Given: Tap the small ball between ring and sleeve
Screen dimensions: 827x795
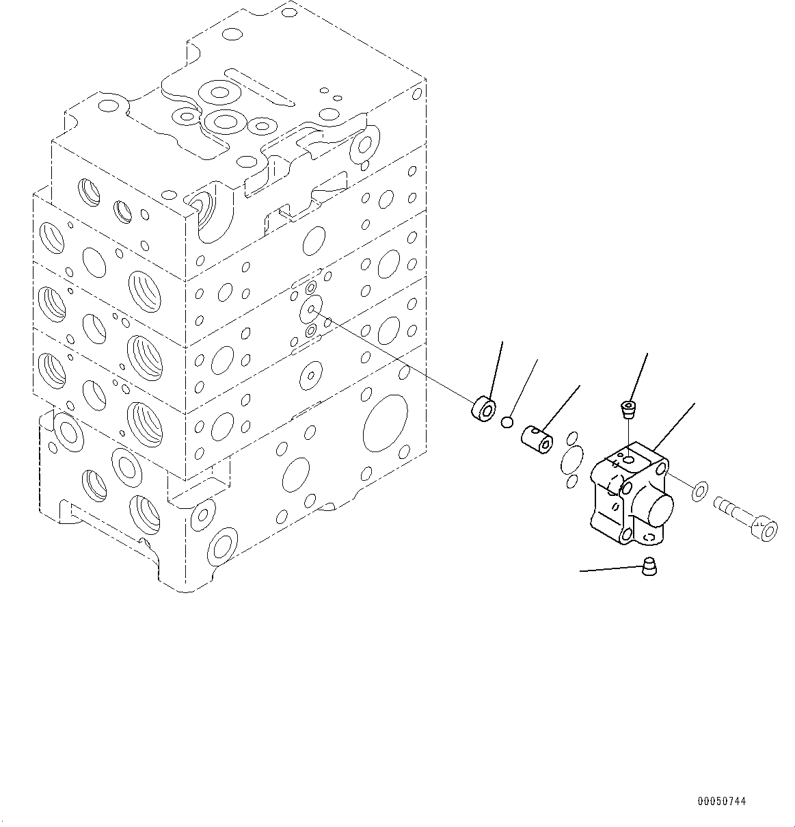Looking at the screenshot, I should point(507,423).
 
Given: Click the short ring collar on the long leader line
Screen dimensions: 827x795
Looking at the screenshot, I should point(484,409).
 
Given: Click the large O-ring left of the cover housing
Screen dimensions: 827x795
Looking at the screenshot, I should point(573,458).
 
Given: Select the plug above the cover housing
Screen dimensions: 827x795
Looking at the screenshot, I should point(628,410).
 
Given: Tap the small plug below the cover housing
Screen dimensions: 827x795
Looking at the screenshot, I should point(649,566).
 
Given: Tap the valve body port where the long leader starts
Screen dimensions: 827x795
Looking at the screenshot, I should point(311,309).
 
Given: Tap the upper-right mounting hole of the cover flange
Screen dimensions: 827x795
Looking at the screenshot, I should point(662,471).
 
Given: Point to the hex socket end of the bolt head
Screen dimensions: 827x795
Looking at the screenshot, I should point(768,531).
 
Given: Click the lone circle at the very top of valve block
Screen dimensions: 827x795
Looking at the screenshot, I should point(232,34).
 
